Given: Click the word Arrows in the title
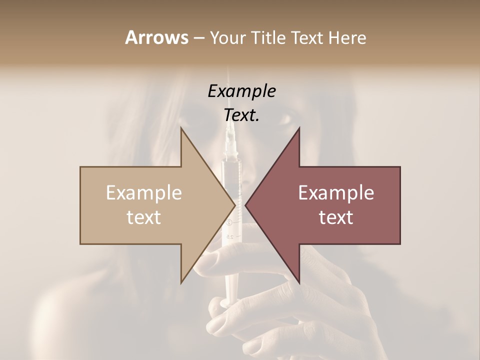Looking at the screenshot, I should click(156, 37).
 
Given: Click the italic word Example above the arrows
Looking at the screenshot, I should click(241, 91).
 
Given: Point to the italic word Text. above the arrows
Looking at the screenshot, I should click(241, 115).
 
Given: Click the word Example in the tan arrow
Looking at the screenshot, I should click(144, 192).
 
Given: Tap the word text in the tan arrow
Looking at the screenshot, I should click(144, 217).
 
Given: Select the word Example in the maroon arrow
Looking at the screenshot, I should click(336, 192).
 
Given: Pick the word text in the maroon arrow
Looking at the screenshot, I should click(336, 217).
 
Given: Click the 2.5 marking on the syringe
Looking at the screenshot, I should click(230, 236).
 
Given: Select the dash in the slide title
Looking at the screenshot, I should click(198, 37).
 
